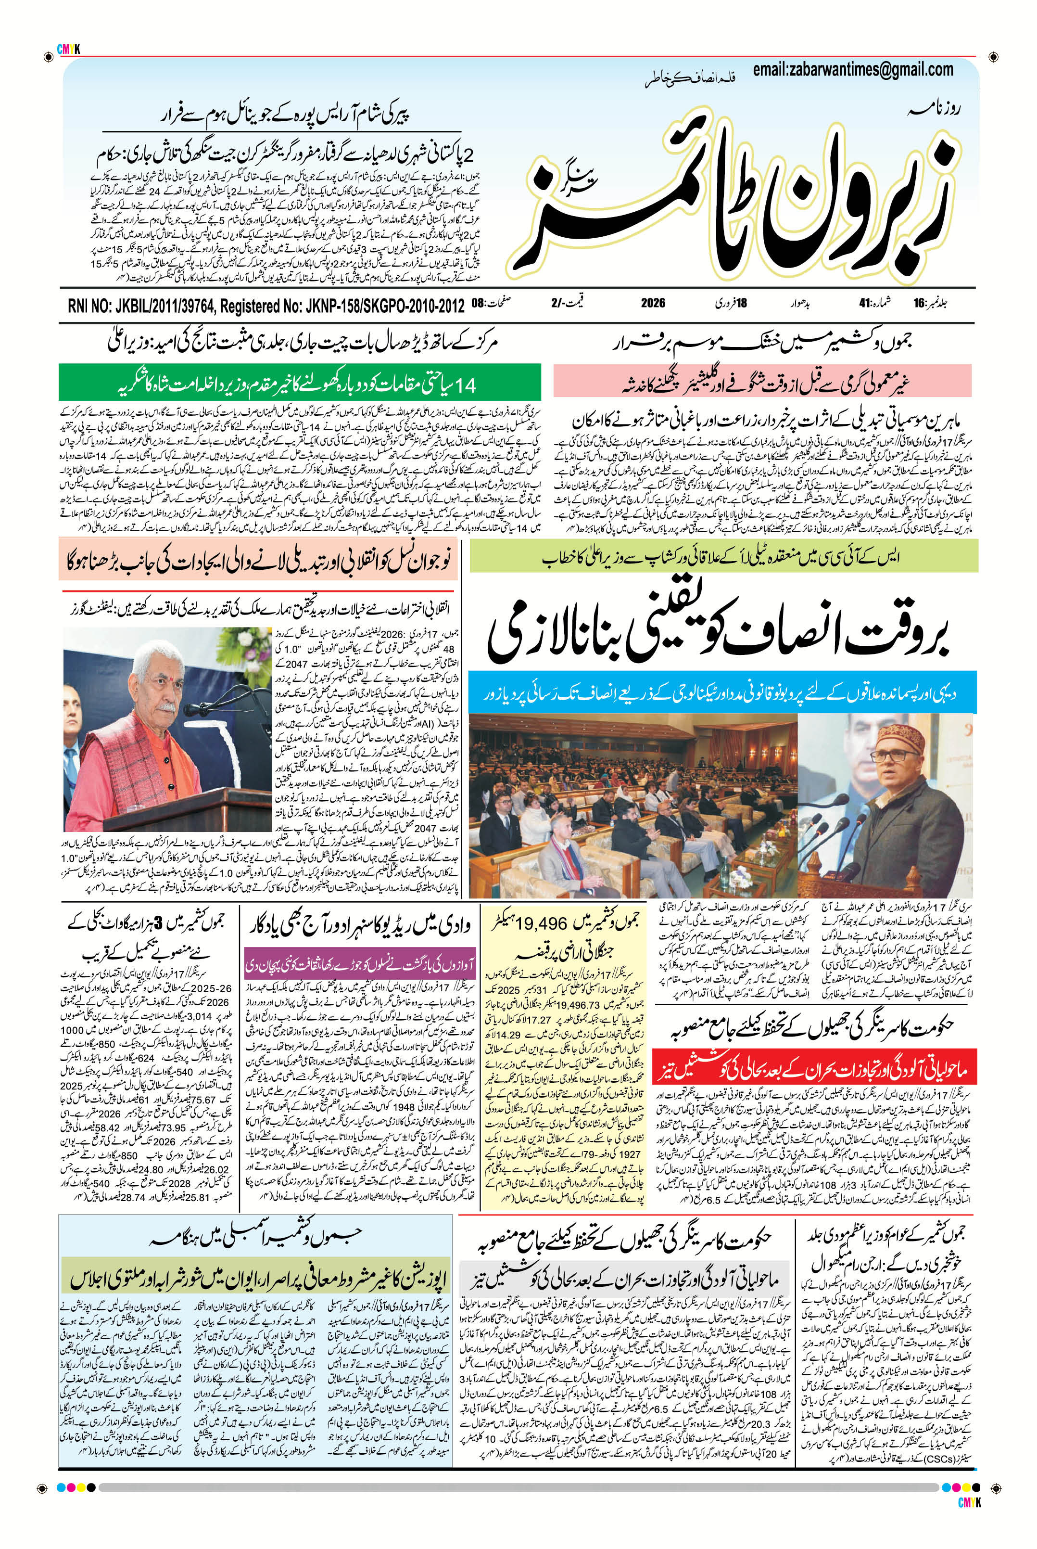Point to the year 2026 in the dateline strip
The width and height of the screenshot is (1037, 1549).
click(653, 304)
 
